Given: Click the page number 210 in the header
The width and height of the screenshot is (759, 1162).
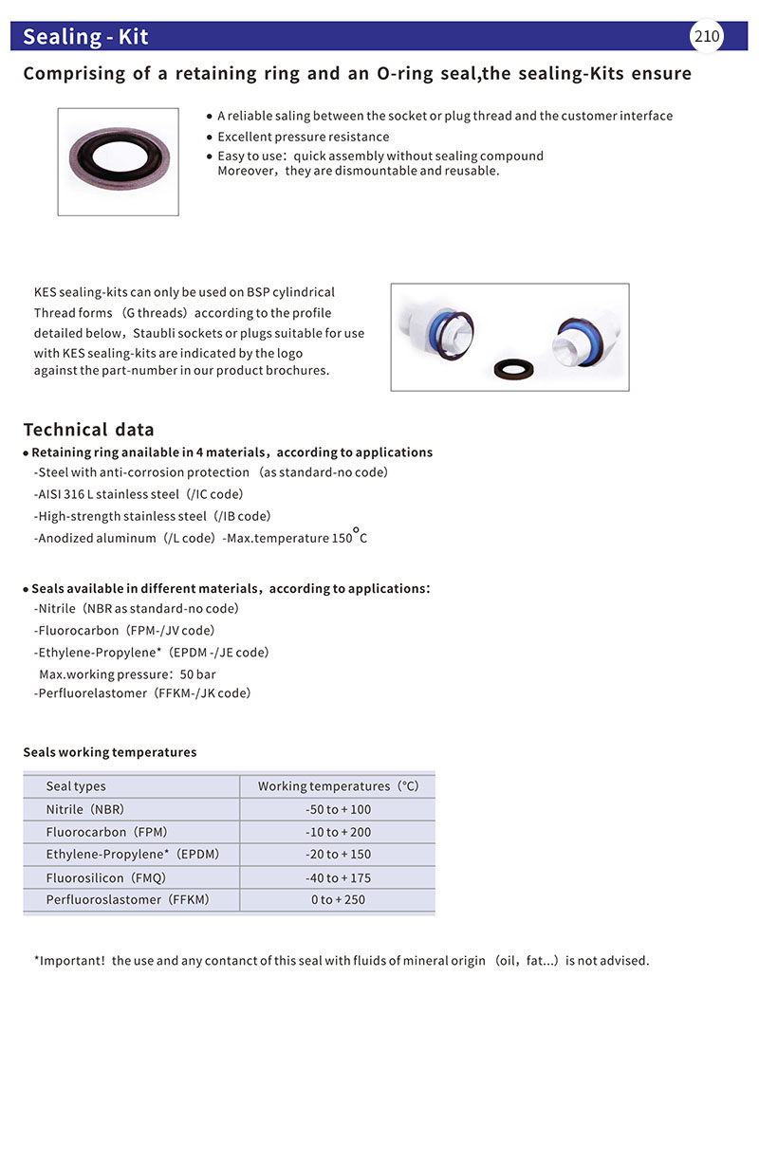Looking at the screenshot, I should (x=707, y=37).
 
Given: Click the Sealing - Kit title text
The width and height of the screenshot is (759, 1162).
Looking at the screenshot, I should (x=85, y=37).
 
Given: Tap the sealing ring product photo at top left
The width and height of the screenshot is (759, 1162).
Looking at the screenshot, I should (x=118, y=161).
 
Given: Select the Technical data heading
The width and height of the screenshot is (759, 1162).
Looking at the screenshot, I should (x=88, y=430).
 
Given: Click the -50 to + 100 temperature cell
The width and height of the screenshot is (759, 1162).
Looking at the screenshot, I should (x=338, y=809).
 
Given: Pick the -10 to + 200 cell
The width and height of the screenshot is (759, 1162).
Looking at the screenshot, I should (x=338, y=832).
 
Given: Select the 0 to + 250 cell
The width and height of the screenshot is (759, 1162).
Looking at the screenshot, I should (x=338, y=899).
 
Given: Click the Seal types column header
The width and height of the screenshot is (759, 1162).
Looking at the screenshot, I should (x=76, y=786).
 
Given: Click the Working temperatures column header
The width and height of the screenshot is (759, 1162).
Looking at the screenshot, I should (x=338, y=786).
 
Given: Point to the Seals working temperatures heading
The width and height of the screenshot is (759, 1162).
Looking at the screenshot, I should (x=109, y=752).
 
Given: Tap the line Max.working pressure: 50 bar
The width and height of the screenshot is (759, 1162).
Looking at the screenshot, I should (x=127, y=674).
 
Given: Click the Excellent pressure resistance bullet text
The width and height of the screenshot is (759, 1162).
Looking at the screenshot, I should (x=303, y=137).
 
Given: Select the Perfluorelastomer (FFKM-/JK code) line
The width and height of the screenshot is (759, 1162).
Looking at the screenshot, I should (x=142, y=693).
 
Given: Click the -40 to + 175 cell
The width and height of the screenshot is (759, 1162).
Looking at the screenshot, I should (x=338, y=877).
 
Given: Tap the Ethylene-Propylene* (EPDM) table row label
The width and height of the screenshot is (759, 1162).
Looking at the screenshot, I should (x=132, y=854).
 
